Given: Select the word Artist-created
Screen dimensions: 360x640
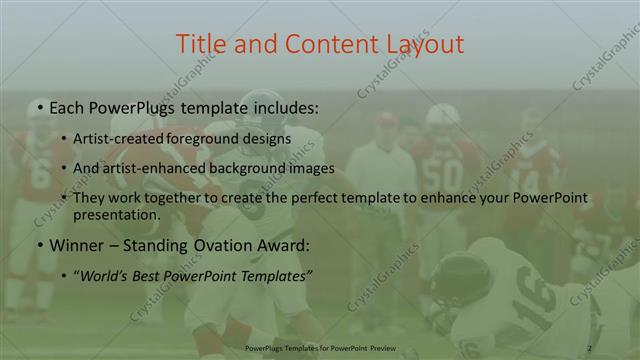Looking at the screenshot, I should [x=126, y=138].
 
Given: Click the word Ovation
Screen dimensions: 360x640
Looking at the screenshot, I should [x=227, y=244].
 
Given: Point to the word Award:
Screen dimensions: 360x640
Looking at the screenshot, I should [x=285, y=244].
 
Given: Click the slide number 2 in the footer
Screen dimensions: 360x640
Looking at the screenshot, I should [x=589, y=347].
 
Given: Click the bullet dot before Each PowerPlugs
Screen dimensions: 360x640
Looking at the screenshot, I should [x=38, y=105].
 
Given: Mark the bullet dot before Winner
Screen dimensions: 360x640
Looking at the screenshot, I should [x=38, y=244].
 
